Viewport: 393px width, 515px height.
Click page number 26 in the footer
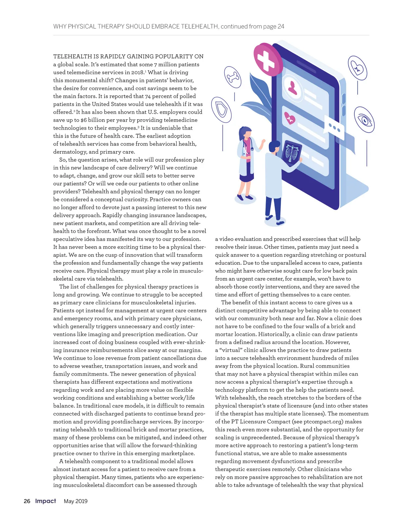(x=27, y=501)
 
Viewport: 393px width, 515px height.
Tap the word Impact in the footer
(x=46, y=501)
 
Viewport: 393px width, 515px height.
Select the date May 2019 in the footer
(x=76, y=501)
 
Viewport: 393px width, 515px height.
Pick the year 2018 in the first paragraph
(x=137, y=72)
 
